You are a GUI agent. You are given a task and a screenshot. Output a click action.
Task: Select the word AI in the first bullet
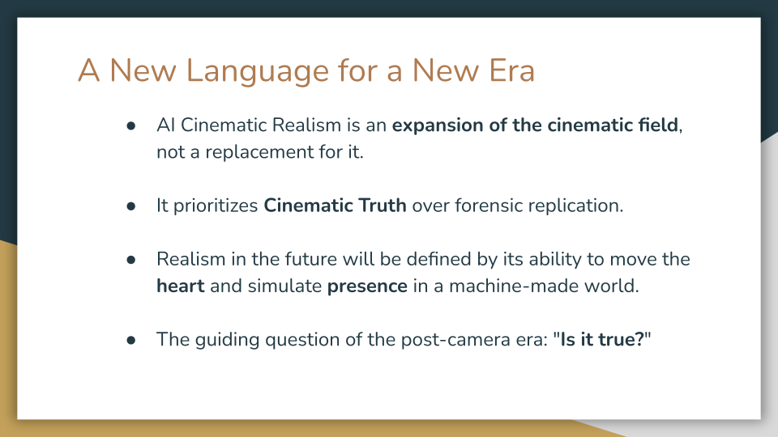coord(165,126)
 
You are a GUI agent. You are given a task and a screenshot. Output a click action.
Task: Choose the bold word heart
coord(180,286)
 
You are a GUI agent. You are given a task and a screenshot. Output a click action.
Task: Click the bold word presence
coord(366,286)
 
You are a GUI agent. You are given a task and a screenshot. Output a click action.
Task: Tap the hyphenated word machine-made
coord(486,286)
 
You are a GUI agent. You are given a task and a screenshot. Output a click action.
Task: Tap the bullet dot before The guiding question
coord(131,340)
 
